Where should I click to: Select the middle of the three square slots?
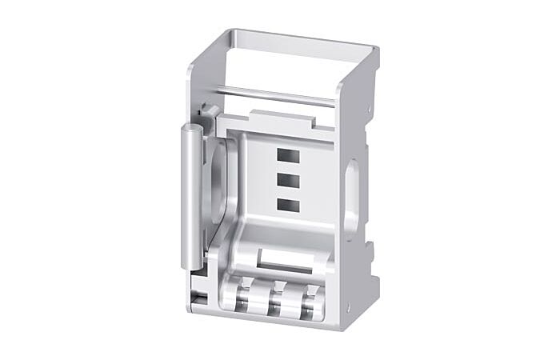tap(288, 181)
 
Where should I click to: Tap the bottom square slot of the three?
tap(288, 205)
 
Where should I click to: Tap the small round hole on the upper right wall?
tap(368, 110)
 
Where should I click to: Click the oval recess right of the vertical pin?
tap(222, 180)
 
